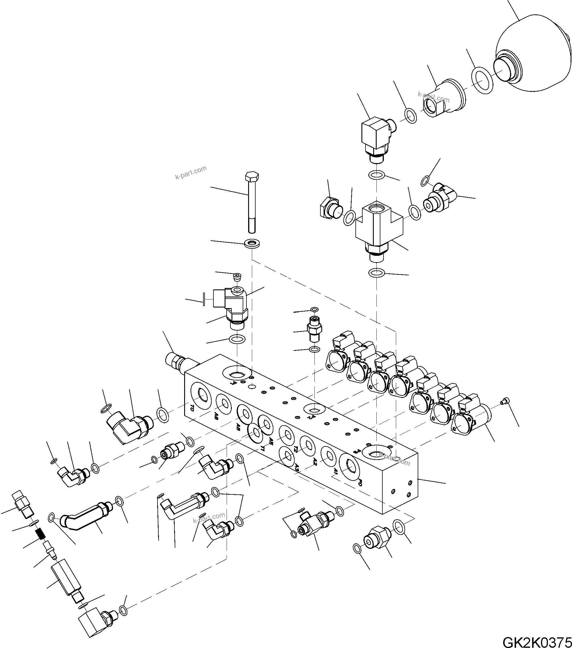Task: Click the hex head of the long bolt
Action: (x=252, y=176)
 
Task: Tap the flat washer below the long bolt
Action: (x=252, y=244)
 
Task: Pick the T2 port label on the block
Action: (x=295, y=449)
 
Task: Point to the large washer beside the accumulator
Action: (x=482, y=80)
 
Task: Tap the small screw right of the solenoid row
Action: (x=504, y=402)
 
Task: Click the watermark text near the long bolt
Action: (x=191, y=172)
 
